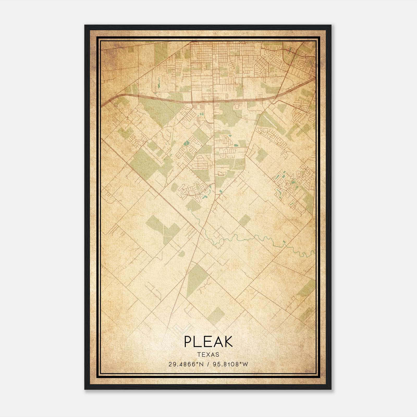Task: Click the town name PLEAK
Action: [208, 341]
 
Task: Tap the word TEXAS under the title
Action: [208, 355]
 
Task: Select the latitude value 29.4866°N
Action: [185, 364]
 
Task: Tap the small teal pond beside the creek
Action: [284, 242]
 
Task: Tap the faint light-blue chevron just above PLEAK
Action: [182, 329]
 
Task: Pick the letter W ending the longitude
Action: [245, 364]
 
